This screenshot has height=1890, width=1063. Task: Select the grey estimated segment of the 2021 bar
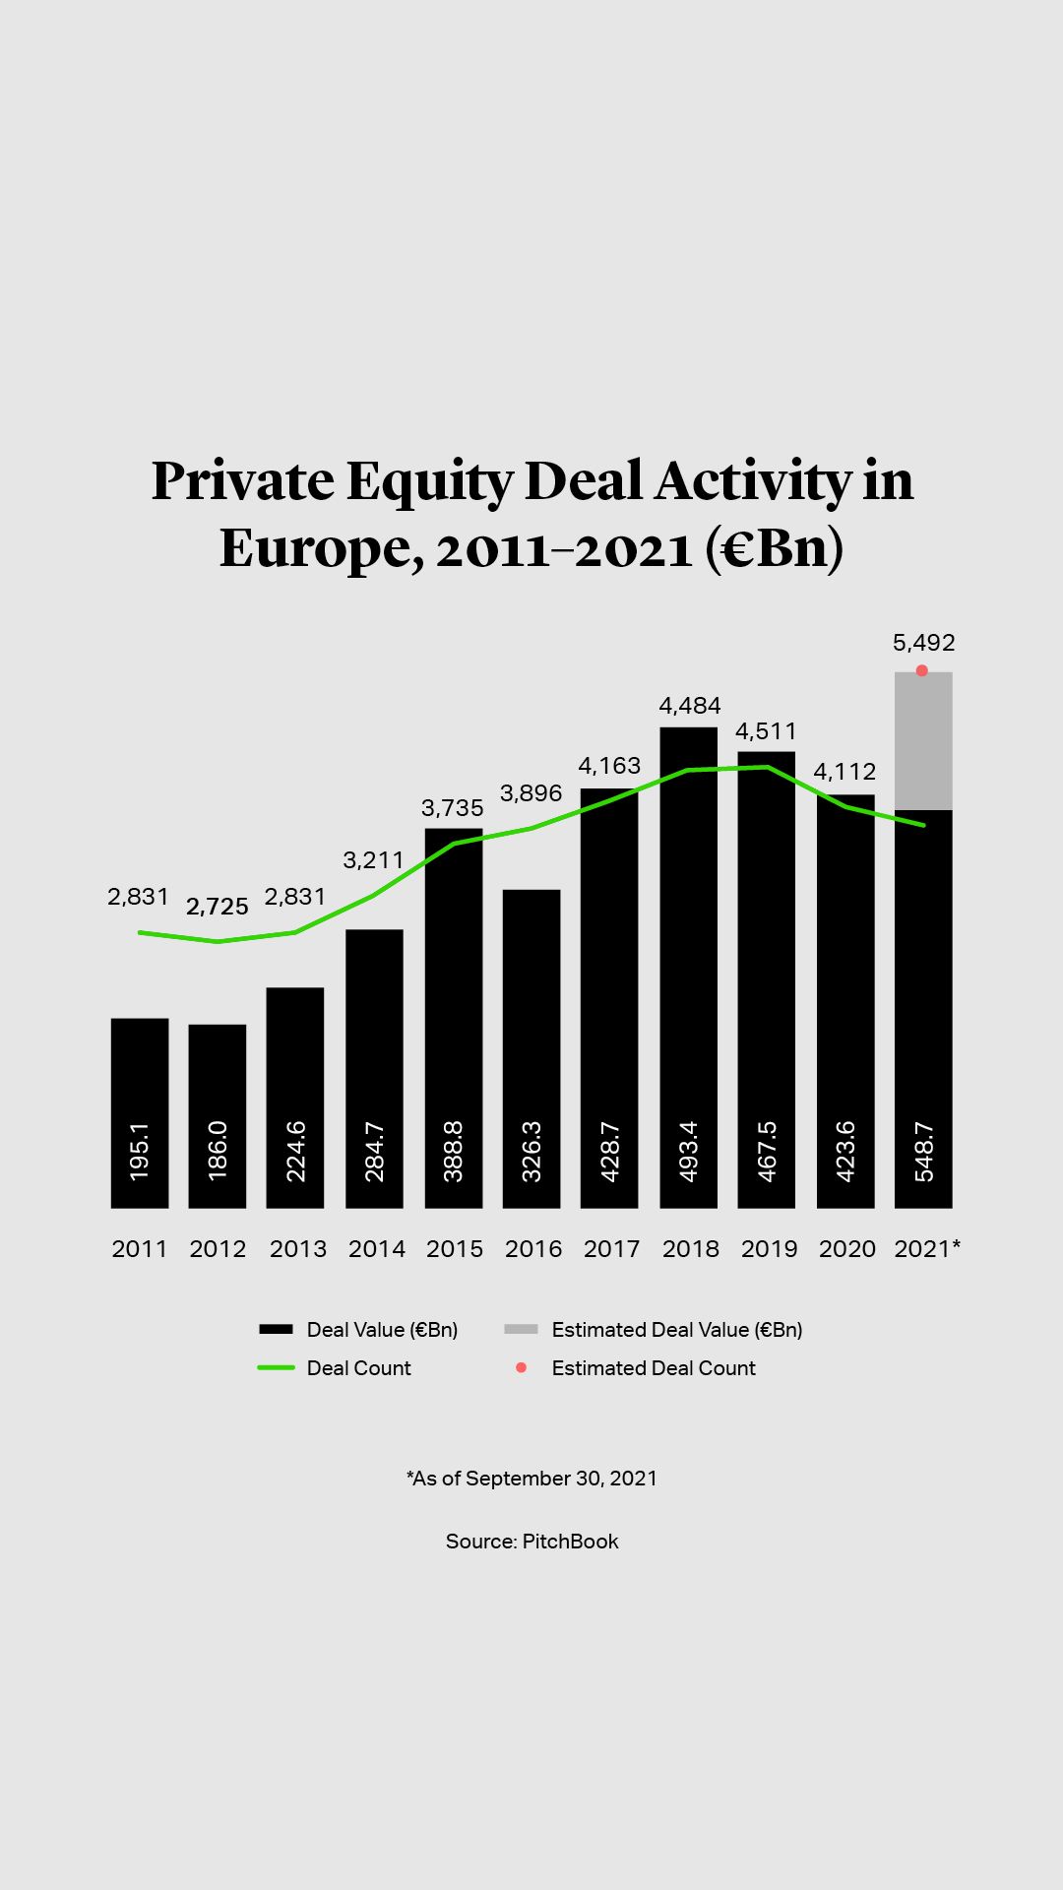coord(923,740)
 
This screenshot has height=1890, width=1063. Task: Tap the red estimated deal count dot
coord(922,670)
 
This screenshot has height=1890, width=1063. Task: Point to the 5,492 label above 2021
coord(923,643)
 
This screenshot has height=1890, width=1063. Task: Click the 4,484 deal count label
coord(690,706)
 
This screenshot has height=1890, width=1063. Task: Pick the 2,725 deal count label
coord(218,907)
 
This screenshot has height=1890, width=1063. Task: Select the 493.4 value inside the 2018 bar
coord(689,1151)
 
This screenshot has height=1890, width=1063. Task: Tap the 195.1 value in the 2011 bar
coord(140,1151)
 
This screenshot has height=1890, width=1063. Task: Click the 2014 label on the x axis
coord(377,1249)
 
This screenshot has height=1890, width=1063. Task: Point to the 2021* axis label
coord(927,1249)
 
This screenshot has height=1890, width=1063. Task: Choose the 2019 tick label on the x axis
coord(769,1249)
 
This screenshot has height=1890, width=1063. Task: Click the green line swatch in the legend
coord(276,1368)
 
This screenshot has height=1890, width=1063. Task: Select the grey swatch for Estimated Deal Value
coord(521,1329)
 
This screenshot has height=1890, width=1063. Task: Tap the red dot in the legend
coord(522,1367)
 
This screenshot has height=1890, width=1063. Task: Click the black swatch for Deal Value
coord(276,1329)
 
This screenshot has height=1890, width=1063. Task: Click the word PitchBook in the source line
coord(570,1542)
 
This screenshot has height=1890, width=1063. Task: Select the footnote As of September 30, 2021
coord(531,1479)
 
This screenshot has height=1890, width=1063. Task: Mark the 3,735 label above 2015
coord(453,808)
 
